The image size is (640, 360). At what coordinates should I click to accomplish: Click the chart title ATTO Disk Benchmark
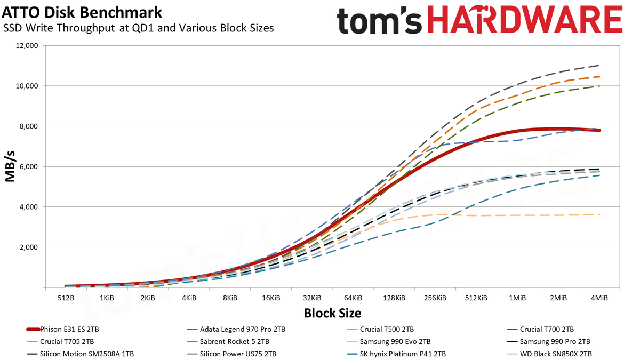(82, 13)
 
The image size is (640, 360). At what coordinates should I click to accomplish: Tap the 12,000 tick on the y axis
(27, 46)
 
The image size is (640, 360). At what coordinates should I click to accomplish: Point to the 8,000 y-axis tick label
(28, 126)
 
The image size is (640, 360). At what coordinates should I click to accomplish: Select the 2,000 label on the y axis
(28, 247)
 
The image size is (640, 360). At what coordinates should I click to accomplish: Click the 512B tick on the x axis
(66, 298)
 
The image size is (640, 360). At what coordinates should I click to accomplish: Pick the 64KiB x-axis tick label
(353, 298)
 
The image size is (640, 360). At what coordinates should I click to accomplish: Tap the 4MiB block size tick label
(599, 298)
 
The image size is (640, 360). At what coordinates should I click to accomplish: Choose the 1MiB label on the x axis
(517, 298)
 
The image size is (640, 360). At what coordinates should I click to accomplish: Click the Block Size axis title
(332, 313)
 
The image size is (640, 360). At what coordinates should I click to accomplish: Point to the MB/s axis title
(10, 166)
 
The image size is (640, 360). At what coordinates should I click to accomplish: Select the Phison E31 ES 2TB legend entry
(62, 330)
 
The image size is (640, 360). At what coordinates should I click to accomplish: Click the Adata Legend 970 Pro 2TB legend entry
(236, 330)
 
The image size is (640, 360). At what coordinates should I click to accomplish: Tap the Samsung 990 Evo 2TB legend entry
(389, 342)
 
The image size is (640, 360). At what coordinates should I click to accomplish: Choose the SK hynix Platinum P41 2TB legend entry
(396, 354)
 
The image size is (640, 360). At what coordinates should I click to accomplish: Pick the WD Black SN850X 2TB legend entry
(549, 354)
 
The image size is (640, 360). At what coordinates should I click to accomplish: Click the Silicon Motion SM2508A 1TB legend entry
(81, 354)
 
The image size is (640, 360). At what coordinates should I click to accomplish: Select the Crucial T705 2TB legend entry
(60, 342)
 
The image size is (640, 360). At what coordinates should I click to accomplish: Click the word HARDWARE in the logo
(525, 20)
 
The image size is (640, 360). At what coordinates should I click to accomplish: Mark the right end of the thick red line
(599, 130)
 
